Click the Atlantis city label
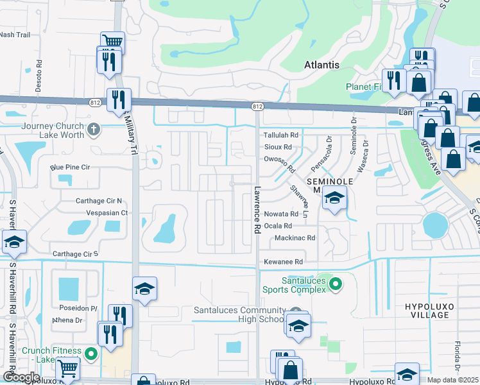(x=321, y=65)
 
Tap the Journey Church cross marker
(x=94, y=130)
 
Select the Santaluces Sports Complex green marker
(x=336, y=284)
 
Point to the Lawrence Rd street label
(x=257, y=210)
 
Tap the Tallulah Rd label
(x=282, y=135)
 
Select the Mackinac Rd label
(x=295, y=237)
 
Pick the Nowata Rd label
(x=282, y=214)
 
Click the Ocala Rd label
(x=279, y=226)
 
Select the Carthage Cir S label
(x=75, y=254)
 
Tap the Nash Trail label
(x=15, y=35)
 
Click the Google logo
(x=21, y=377)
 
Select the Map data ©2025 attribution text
(x=453, y=380)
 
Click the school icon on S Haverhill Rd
(x=13, y=242)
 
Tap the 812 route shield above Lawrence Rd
(x=257, y=106)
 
